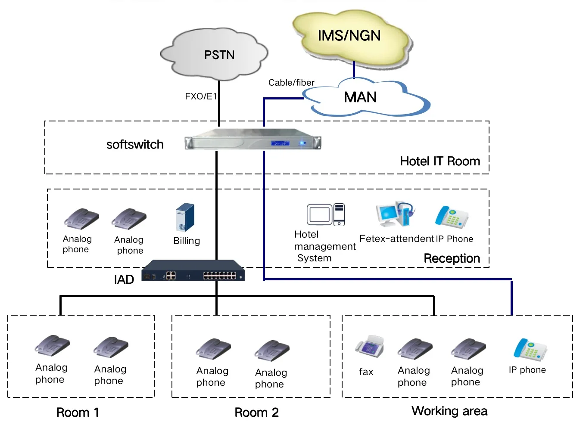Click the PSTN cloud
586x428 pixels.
[x=215, y=55]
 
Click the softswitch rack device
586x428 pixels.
[x=253, y=139]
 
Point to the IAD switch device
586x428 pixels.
[x=193, y=271]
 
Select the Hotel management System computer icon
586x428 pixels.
[x=326, y=214]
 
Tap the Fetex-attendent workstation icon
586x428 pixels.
[x=395, y=214]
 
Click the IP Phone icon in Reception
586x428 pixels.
[x=451, y=217]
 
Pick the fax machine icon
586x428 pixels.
[x=369, y=347]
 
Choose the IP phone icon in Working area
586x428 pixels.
[x=530, y=349]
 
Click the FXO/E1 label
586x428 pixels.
[x=201, y=96]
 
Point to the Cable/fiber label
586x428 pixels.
[x=291, y=83]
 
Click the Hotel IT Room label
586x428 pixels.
[x=439, y=161]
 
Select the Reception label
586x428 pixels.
[x=452, y=258]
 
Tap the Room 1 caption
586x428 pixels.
[x=78, y=412]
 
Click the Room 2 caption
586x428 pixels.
[x=256, y=412]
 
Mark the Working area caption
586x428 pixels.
[x=449, y=411]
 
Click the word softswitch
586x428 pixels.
[x=135, y=145]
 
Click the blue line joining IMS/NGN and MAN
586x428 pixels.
[x=354, y=69]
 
